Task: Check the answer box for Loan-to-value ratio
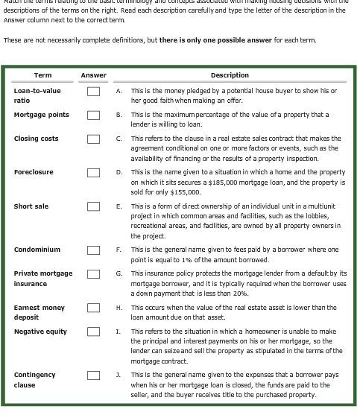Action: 93,92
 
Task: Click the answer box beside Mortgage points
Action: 93,115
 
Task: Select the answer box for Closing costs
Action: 93,139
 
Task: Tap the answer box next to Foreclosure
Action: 93,173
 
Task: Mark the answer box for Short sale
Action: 93,207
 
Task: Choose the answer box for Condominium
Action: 93,250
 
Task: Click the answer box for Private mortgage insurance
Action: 93,274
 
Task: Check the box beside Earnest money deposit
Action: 93,308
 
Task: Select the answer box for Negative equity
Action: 93,332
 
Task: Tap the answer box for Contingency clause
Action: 93,375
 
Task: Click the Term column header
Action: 42,75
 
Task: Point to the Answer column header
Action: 93,75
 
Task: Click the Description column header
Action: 230,75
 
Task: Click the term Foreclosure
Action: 34,172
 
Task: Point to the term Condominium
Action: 37,250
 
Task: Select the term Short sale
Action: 31,206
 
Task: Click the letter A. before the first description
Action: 119,91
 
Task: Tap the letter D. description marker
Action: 119,172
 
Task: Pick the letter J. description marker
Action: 119,375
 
